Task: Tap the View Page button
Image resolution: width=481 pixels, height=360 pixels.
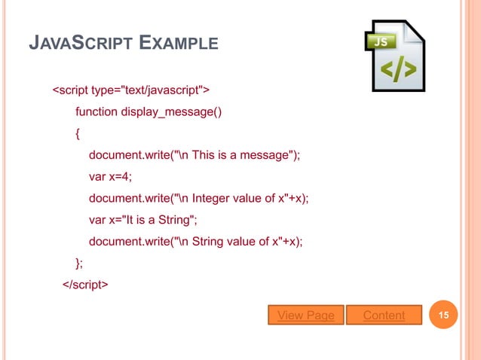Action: [306, 315]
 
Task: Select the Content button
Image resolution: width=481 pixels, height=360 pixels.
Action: [384, 315]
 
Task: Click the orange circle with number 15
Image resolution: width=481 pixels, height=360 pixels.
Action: [444, 315]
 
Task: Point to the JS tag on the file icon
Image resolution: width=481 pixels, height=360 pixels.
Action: [381, 42]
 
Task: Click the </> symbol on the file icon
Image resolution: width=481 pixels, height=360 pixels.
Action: [397, 70]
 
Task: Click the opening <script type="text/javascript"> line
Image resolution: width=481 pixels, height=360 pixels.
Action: [130, 91]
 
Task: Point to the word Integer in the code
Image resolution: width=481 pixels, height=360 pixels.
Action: [212, 198]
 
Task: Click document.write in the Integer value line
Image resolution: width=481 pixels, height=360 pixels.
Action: [129, 198]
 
